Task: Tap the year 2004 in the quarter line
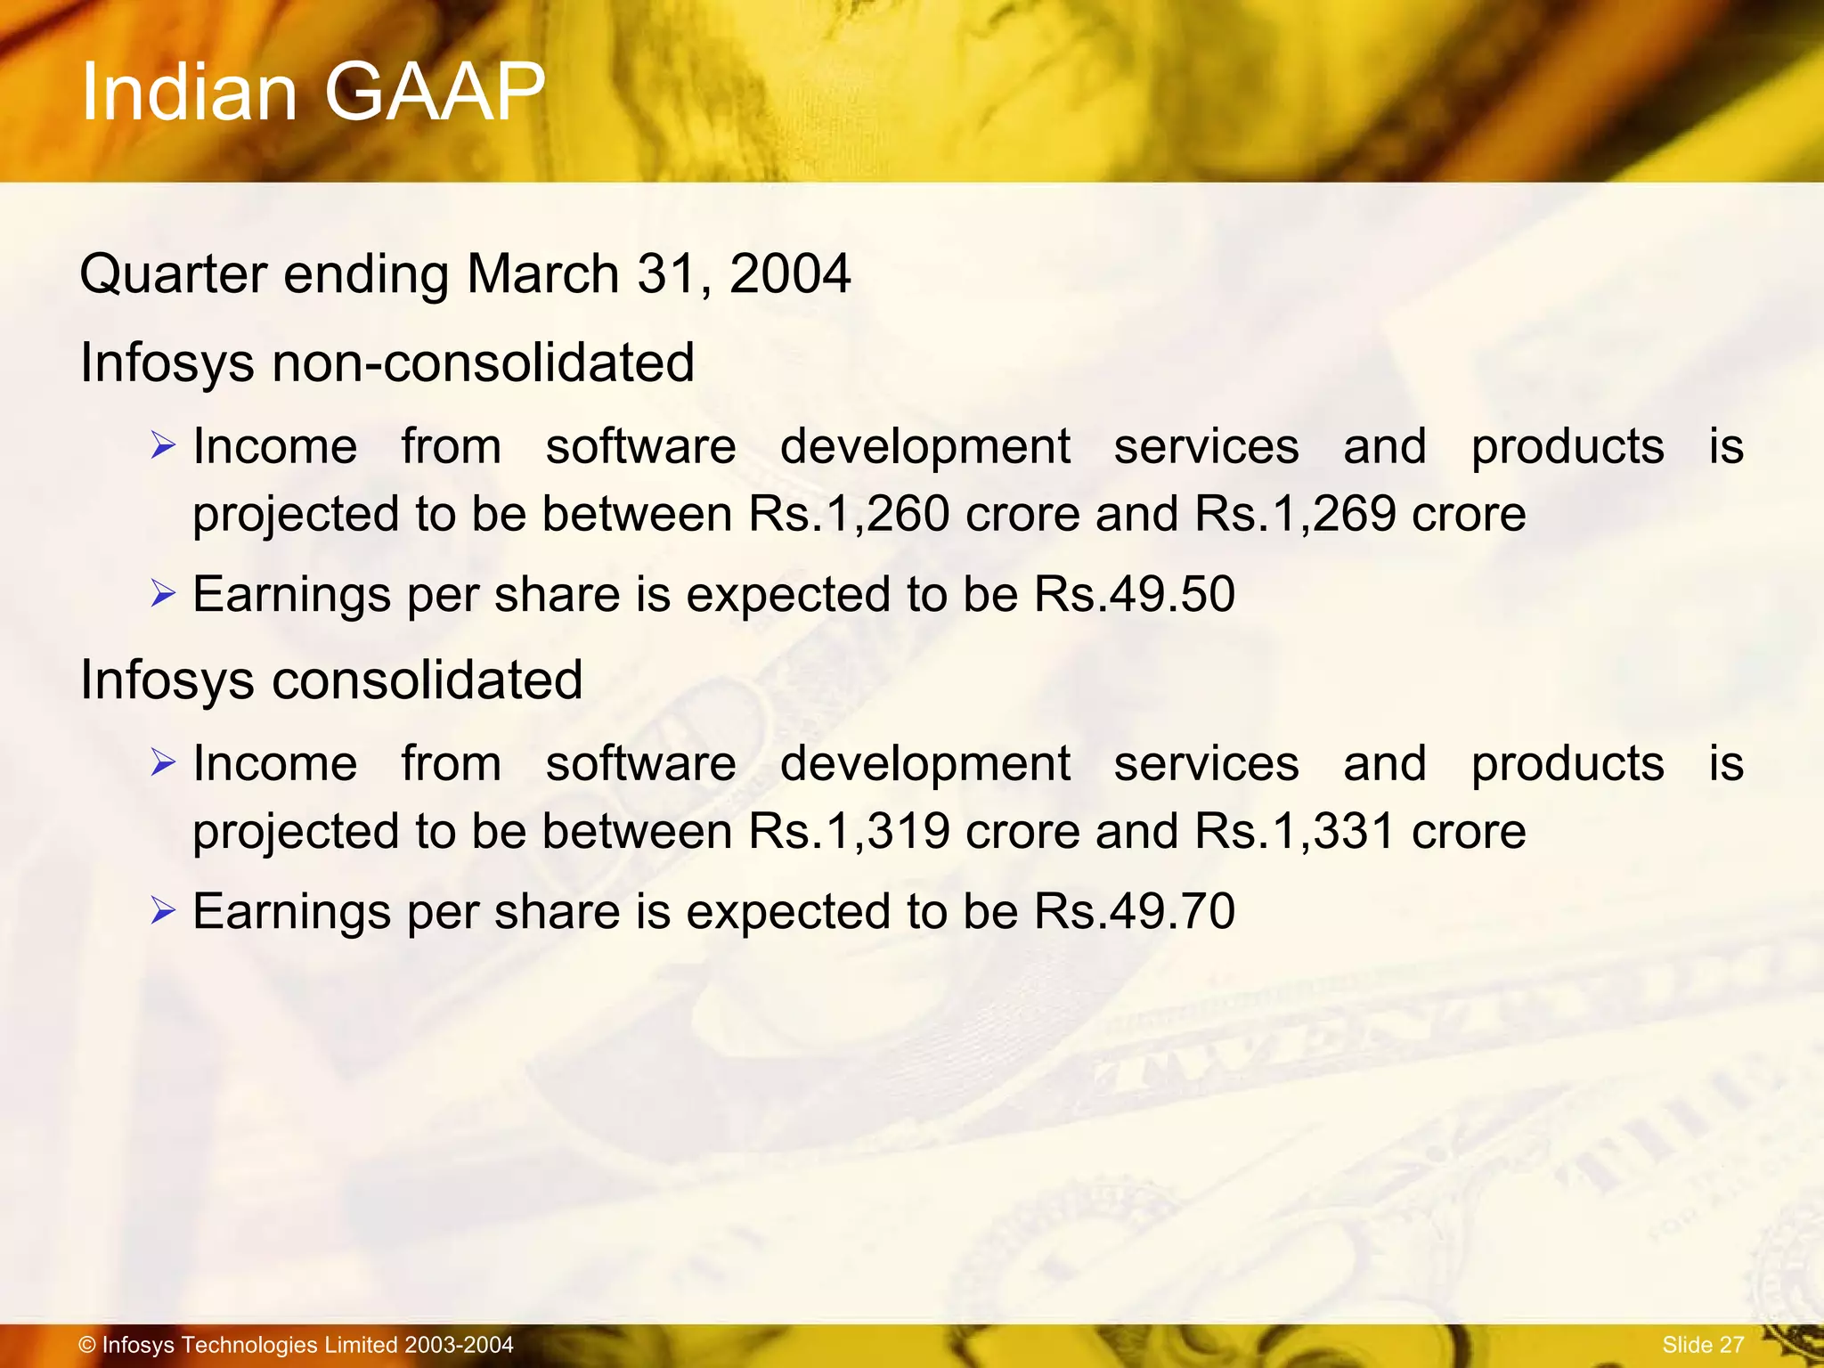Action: tap(790, 273)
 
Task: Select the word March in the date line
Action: tap(542, 273)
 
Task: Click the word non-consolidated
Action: tap(483, 362)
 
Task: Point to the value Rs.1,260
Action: tap(849, 514)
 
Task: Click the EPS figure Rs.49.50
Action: tap(1134, 594)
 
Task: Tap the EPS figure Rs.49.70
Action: tap(1134, 911)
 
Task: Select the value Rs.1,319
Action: tap(849, 831)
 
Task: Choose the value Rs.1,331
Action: tap(1294, 831)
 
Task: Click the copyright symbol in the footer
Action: tap(87, 1345)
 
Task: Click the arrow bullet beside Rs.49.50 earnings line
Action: tap(163, 592)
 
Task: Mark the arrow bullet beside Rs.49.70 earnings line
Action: tap(163, 909)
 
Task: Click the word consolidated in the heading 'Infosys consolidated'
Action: tap(427, 680)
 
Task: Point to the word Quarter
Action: tap(173, 273)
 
